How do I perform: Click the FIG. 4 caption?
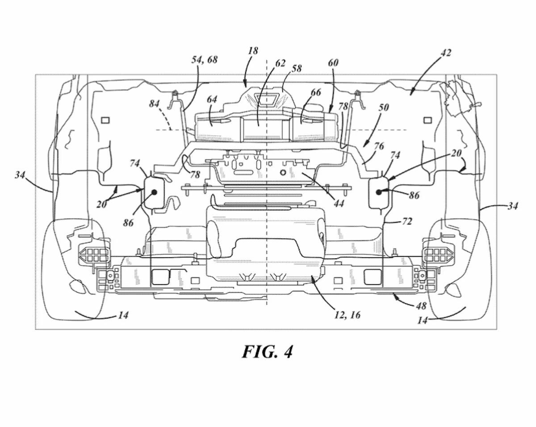[x=268, y=352]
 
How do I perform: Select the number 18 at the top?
[x=253, y=51]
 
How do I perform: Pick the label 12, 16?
[x=346, y=315]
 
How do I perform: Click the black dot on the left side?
[x=155, y=192]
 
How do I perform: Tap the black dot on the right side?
[x=379, y=192]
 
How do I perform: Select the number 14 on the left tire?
[x=124, y=315]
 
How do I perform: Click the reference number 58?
[x=296, y=68]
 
